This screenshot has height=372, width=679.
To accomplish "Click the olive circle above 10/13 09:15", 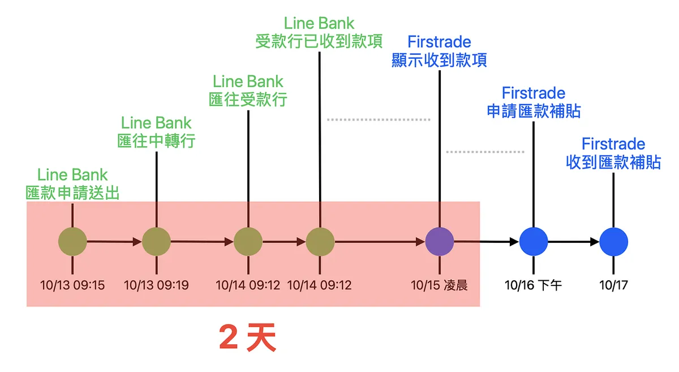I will [72, 242].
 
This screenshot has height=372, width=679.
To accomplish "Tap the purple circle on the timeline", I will [439, 242].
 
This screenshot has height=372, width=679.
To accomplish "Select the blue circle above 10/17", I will [613, 242].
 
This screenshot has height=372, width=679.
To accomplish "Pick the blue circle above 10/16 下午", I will [533, 242].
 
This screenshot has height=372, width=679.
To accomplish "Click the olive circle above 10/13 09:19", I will [156, 242].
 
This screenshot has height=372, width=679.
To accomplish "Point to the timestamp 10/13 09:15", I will [72, 285].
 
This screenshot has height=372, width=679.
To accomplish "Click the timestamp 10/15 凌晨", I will [439, 285].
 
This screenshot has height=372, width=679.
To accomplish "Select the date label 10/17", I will [613, 285].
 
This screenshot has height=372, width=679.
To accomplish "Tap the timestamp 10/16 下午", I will [533, 285].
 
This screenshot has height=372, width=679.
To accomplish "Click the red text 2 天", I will [247, 339].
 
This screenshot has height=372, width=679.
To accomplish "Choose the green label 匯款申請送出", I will [72, 193].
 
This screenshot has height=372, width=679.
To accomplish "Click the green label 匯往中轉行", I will [156, 140].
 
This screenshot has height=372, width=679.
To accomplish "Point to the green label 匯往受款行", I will [248, 99].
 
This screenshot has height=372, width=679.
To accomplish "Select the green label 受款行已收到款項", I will [319, 41].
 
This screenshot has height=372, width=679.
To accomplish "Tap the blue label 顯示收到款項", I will [439, 60].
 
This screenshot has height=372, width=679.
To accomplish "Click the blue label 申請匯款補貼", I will [534, 110].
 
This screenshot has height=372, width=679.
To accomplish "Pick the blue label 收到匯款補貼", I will [613, 162].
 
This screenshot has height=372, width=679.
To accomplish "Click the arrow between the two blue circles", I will [573, 242].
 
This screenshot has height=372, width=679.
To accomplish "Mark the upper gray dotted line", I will [379, 119].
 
